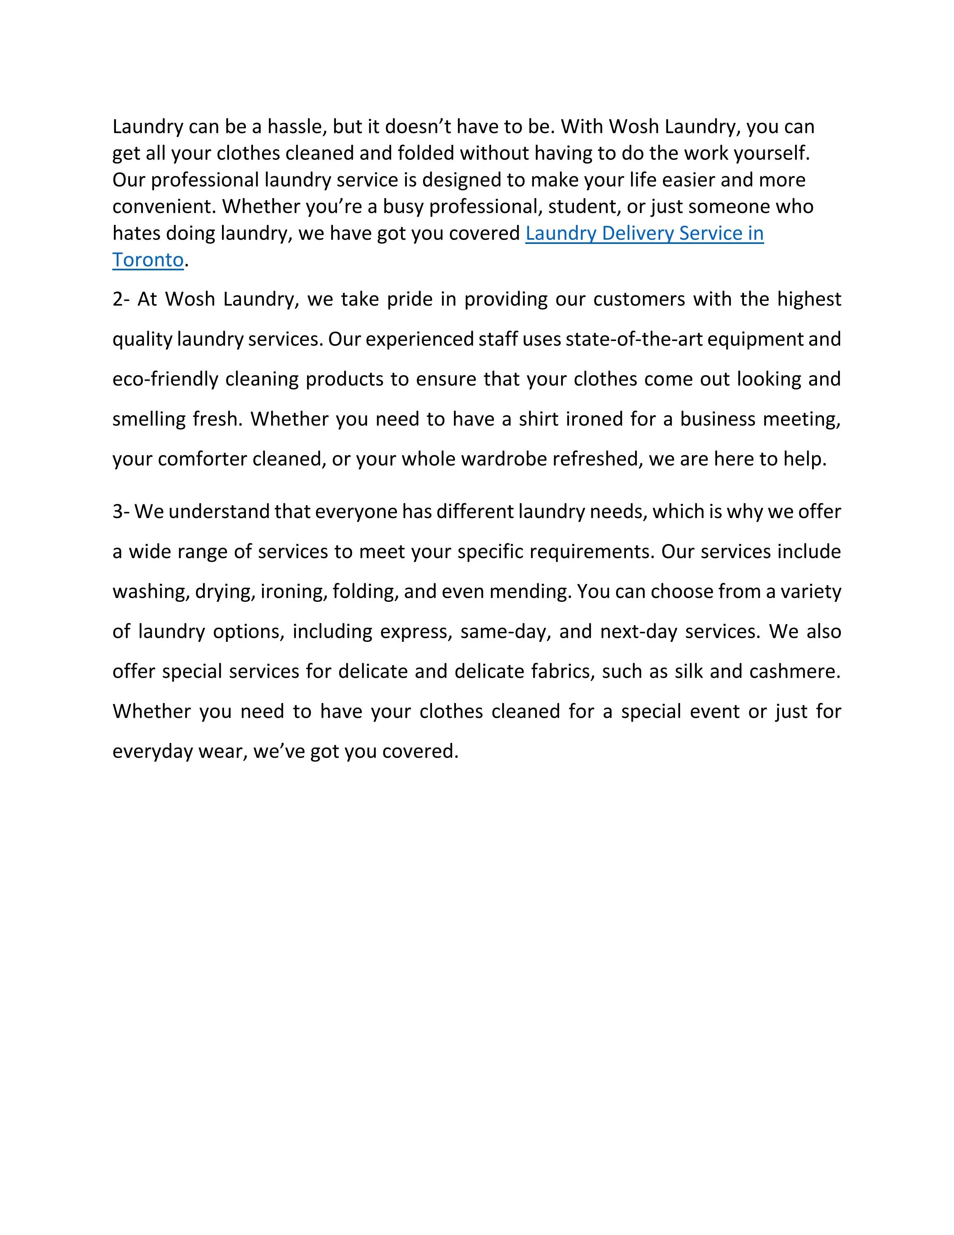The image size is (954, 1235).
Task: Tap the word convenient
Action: [x=164, y=206]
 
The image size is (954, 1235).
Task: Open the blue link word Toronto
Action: [x=148, y=260]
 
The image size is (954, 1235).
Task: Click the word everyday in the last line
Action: [x=151, y=752]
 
